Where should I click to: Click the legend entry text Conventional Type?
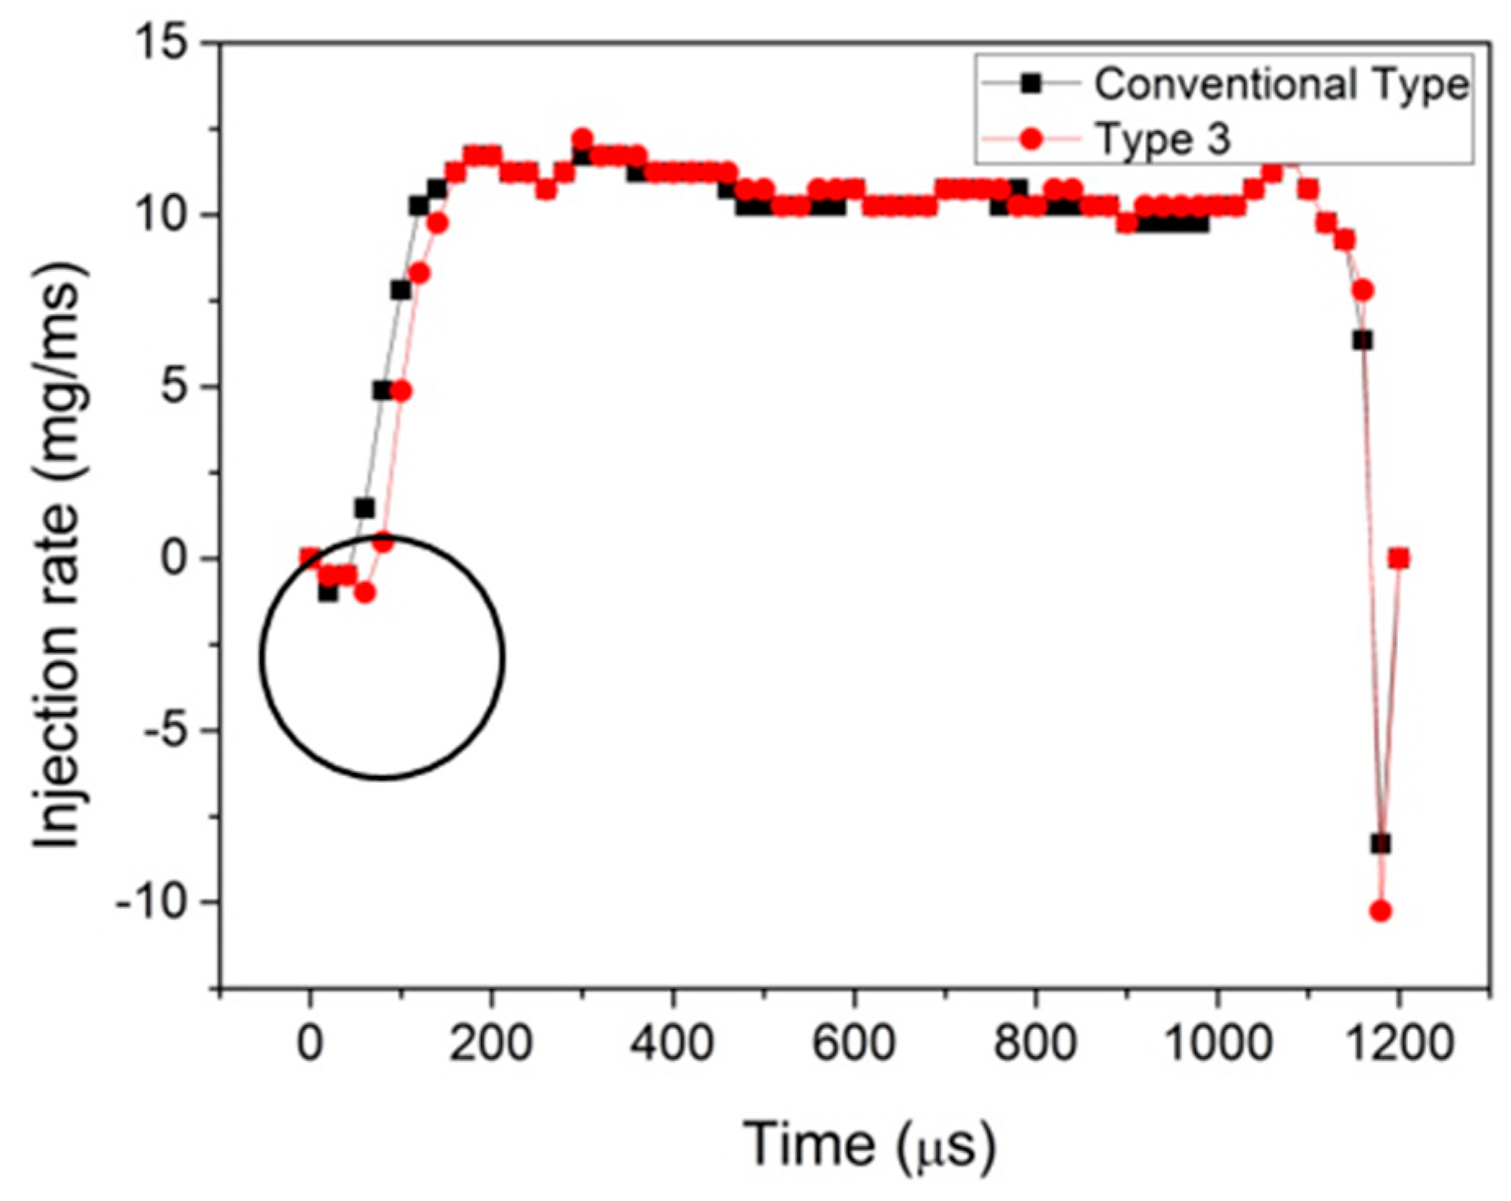tap(1280, 85)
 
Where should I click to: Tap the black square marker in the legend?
tap(1031, 83)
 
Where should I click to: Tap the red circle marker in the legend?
tap(1031, 139)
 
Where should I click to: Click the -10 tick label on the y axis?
tap(154, 902)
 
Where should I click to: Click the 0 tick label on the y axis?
tap(175, 558)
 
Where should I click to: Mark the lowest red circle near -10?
tap(1380, 910)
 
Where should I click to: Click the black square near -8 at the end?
tap(1381, 843)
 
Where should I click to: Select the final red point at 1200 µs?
tap(1399, 558)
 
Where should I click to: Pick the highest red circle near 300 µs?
tap(582, 138)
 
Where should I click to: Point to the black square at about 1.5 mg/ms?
tap(364, 508)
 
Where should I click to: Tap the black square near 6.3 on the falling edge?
tap(1362, 340)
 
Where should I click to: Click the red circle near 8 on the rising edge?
tap(419, 273)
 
